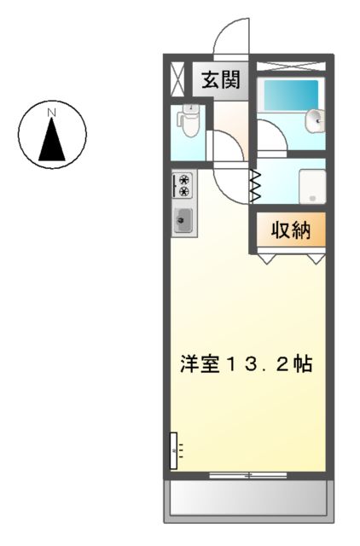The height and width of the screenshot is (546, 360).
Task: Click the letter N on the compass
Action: point(52,112)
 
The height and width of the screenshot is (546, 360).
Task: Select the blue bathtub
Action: point(290,95)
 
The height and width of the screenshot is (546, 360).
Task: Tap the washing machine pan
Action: point(312,184)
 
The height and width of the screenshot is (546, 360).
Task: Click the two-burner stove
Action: point(183,185)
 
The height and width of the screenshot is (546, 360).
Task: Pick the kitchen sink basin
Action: point(183,221)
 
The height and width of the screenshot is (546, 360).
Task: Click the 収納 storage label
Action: point(290,229)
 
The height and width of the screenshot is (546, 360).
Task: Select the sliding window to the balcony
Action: point(247,474)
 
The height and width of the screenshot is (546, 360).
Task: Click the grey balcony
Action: point(247,498)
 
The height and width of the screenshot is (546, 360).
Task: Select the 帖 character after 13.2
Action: point(303,365)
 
